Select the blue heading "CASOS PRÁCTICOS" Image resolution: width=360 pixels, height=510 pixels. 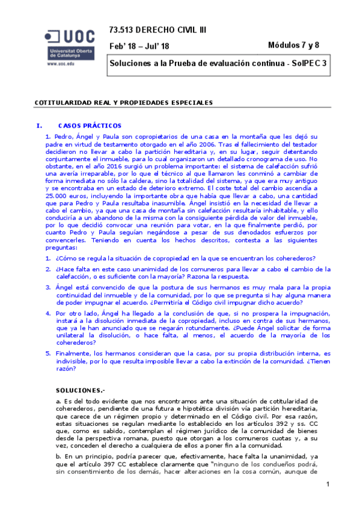(x=90, y=126)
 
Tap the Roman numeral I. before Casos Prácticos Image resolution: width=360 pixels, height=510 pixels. (x=40, y=126)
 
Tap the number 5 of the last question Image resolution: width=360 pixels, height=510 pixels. (x=47, y=353)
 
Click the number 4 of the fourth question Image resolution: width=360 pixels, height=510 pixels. (x=47, y=313)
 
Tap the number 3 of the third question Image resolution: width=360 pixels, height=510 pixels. (x=47, y=287)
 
